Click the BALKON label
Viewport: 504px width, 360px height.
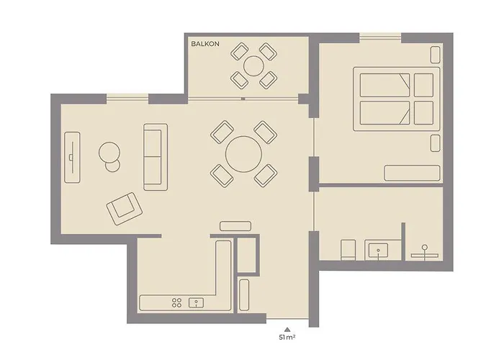[205, 45]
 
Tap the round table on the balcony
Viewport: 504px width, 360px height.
[253, 66]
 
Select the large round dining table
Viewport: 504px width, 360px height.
[243, 153]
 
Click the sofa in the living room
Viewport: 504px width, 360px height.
[156, 156]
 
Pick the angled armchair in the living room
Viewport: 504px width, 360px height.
[125, 209]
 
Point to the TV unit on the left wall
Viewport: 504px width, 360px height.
[72, 156]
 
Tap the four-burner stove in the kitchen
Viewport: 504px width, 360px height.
[176, 303]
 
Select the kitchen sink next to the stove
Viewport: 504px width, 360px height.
[194, 303]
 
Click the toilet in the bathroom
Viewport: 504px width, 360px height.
[347, 250]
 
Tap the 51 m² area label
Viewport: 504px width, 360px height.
[287, 337]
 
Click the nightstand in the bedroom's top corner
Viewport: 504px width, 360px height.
[434, 54]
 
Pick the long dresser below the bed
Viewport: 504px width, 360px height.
[412, 173]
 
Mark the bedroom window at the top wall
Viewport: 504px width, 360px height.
[379, 37]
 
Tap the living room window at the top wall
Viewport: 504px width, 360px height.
[127, 99]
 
